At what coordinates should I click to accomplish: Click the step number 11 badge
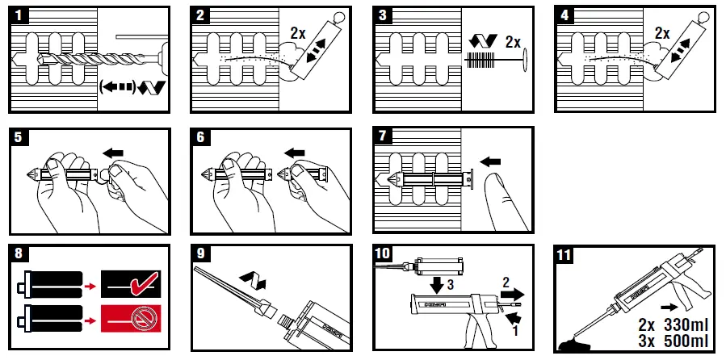[565, 256]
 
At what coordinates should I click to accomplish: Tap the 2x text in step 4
[662, 34]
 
